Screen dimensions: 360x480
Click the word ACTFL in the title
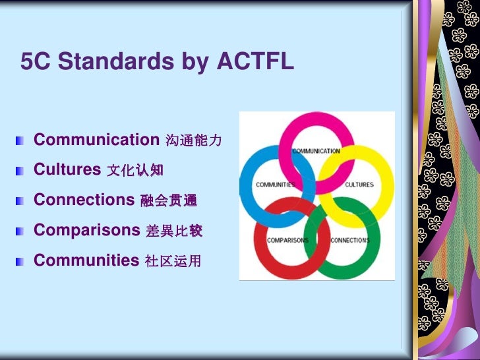pos(254,62)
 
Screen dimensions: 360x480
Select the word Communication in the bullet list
pos(96,140)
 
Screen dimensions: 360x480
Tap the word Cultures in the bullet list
pos(67,169)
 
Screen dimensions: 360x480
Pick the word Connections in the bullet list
pos(84,200)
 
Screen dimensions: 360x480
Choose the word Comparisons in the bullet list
pos(87,230)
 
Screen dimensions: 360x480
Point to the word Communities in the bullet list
pos(86,260)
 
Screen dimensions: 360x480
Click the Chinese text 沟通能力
pos(193,141)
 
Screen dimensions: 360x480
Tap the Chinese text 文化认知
pos(135,171)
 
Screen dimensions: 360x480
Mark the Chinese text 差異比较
pos(173,231)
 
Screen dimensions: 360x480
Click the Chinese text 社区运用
pos(172,262)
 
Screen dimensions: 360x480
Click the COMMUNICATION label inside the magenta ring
pos(316,151)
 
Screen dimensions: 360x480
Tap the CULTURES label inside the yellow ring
pos(359,185)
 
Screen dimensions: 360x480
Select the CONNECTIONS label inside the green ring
pos(350,241)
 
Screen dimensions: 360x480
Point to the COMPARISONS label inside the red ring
pos(287,241)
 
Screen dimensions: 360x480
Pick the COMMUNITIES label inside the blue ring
pos(275,185)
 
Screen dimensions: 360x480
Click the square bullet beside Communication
pos(21,141)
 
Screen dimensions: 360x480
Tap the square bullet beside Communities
pos(21,262)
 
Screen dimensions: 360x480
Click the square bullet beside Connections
pos(21,201)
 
